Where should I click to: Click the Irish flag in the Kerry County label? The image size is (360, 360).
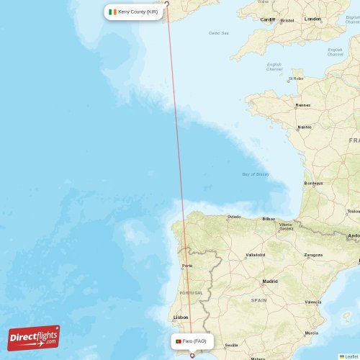tap(112, 12)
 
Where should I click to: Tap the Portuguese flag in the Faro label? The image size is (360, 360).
tap(178, 341)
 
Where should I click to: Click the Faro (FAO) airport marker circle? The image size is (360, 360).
tap(192, 355)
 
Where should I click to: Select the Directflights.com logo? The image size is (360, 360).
tap(34, 337)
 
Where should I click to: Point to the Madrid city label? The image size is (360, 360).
tap(270, 281)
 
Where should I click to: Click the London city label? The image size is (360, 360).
tap(312, 19)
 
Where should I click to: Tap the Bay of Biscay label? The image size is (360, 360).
tap(256, 174)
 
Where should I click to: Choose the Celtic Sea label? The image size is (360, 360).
tap(219, 33)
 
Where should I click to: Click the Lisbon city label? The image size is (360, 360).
tap(181, 317)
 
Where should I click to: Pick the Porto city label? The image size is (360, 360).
tap(187, 266)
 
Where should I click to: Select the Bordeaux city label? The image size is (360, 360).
tap(313, 183)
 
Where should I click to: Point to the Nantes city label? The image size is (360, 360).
tap(305, 127)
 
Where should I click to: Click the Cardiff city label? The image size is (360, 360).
tap(268, 19)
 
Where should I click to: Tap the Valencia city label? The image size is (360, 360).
tap(313, 302)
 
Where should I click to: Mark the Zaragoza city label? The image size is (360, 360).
tap(313, 255)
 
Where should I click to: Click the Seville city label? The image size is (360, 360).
tap(231, 346)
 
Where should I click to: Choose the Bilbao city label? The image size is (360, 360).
tap(269, 218)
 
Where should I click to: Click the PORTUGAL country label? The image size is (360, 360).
tap(191, 293)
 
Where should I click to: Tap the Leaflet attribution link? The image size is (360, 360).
tap(351, 356)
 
